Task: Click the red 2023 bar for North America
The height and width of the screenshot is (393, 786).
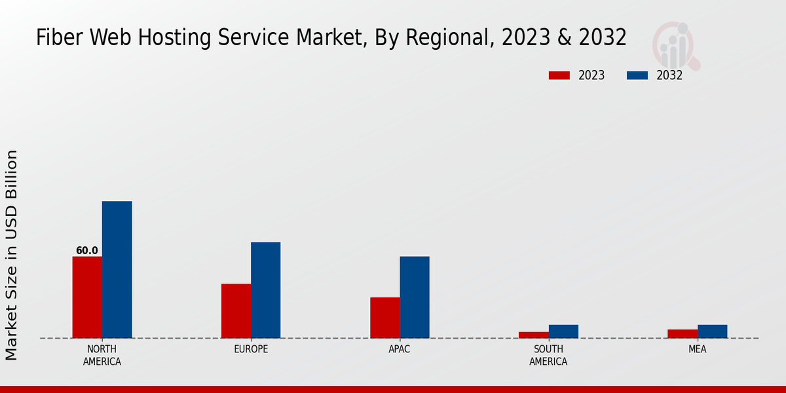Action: (x=87, y=297)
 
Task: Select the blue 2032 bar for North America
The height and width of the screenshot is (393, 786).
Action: (x=117, y=270)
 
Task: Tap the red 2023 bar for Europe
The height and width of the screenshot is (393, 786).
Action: (x=236, y=311)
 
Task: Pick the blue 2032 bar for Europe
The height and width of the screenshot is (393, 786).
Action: (x=265, y=290)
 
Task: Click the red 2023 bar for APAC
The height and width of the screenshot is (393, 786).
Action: (x=384, y=318)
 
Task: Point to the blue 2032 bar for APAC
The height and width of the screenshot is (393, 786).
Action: (x=415, y=297)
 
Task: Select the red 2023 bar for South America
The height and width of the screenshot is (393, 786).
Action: (x=533, y=335)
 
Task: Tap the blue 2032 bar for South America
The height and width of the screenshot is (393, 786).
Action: (x=563, y=331)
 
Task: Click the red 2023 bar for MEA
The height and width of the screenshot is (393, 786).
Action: (x=683, y=333)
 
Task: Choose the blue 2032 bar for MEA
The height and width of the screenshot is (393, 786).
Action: (x=712, y=331)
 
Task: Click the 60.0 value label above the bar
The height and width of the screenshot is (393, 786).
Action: (x=87, y=251)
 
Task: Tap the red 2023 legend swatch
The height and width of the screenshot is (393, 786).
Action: (x=559, y=75)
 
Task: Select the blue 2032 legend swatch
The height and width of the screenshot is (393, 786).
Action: (x=637, y=75)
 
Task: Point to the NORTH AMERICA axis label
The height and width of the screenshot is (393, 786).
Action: (x=102, y=355)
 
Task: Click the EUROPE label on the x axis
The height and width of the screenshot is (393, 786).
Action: (x=251, y=349)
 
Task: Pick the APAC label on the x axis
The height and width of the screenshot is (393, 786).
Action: (x=400, y=349)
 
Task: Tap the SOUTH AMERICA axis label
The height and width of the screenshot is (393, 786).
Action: (x=548, y=355)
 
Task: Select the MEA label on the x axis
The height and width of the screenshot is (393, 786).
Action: (x=697, y=349)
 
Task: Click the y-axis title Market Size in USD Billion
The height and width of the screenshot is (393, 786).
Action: (x=12, y=255)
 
